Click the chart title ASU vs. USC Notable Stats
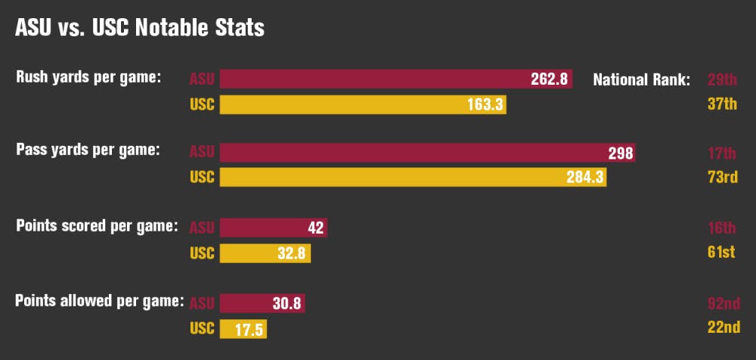pos(140,28)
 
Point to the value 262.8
pos(549,79)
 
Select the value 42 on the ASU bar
pos(316,228)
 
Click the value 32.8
pos(291,253)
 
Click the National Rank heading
pos(641,79)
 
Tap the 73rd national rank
pos(721,178)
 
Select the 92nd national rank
pos(721,303)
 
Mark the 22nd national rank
pos(721,328)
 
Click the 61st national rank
pos(721,253)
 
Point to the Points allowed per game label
pos(100,300)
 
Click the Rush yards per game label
pos(89,76)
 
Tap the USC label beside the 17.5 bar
pos(202,328)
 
